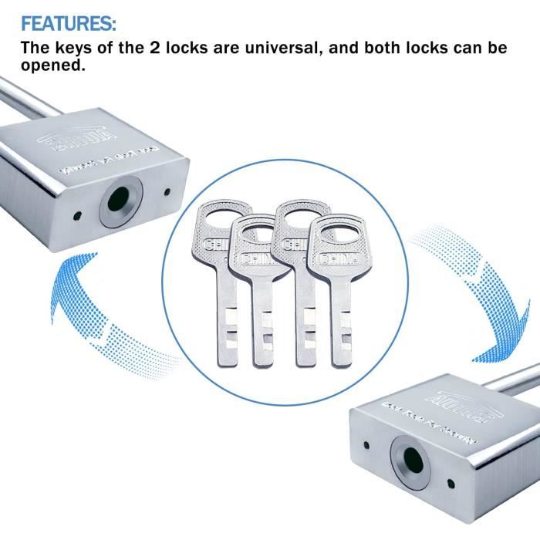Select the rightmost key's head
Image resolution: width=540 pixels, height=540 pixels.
pyautogui.click(x=336, y=243)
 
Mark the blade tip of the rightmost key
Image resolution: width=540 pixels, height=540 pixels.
pyautogui.click(x=341, y=360)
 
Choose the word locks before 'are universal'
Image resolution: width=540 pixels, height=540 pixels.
pyautogui.click(x=198, y=48)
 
